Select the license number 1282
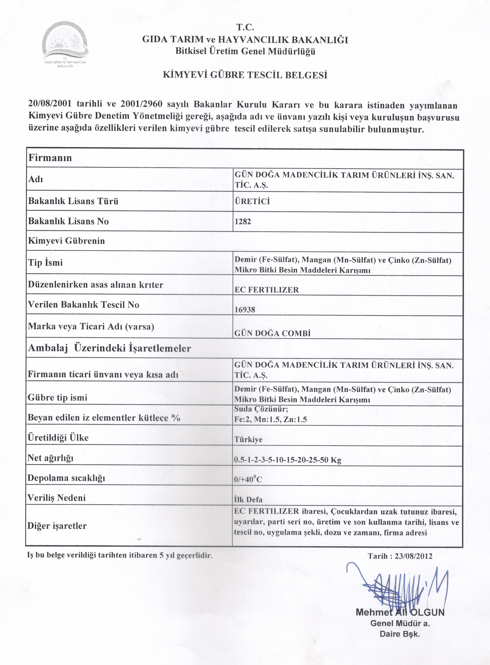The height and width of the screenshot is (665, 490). coord(243,222)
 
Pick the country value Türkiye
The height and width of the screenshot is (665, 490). coord(248,439)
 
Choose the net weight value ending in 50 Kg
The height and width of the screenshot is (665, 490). coord(288,460)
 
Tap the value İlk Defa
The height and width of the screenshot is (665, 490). coord(248,500)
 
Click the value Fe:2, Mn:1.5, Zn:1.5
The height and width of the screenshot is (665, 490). coord(271,419)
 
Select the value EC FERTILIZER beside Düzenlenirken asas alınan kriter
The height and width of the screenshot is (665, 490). coord(267,290)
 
